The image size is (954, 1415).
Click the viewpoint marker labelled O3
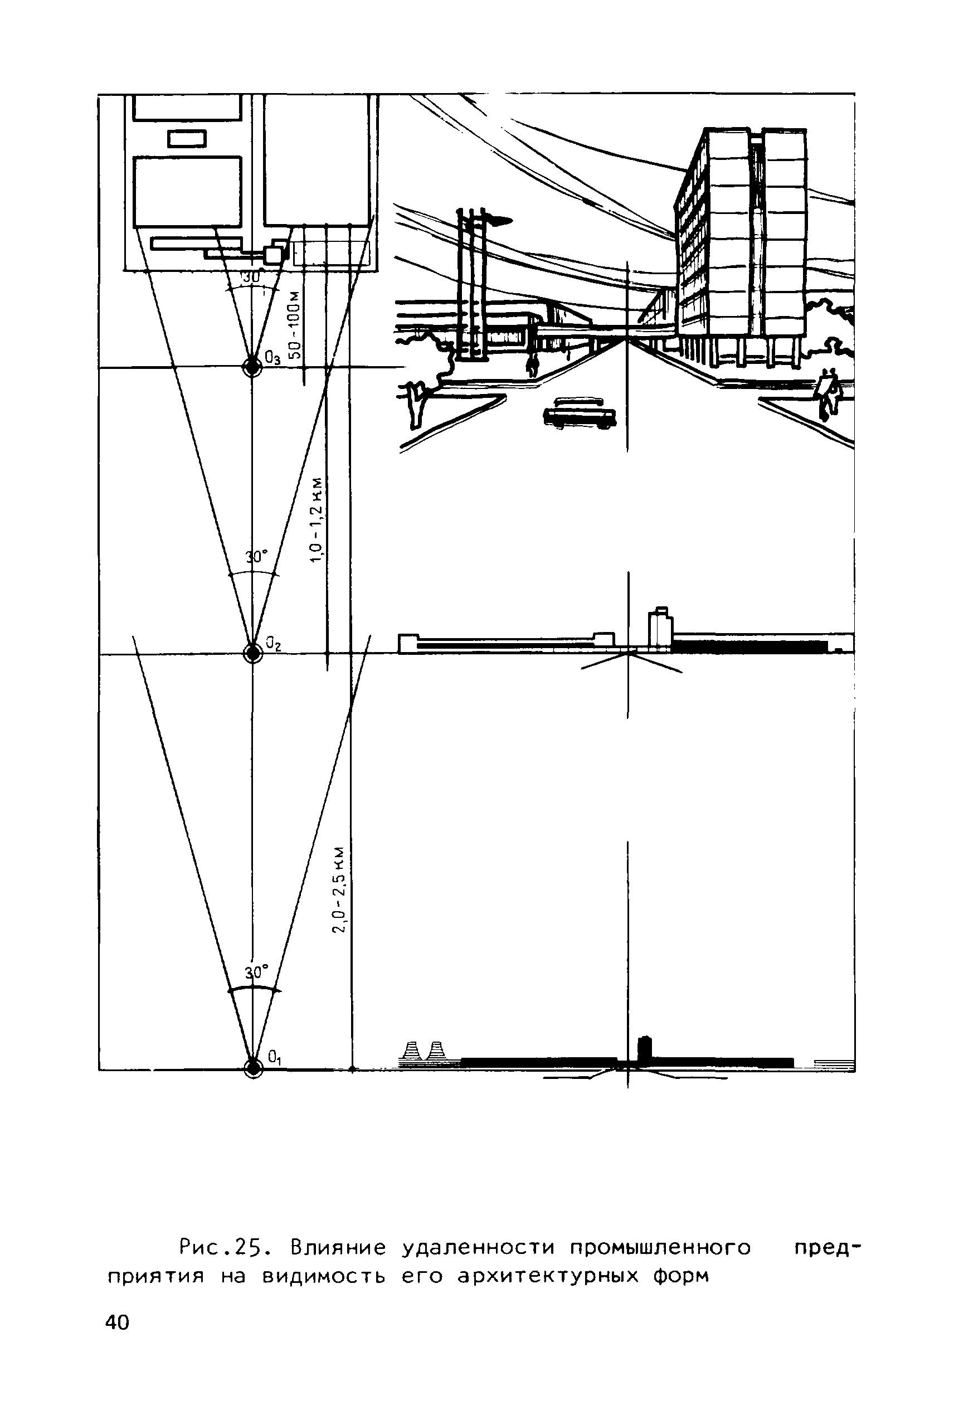pos(252,367)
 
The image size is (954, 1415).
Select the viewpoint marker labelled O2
pos(252,653)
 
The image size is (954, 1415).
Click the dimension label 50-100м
pos(295,325)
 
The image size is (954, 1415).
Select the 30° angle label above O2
pos(256,557)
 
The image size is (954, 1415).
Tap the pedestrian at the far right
pos(828,392)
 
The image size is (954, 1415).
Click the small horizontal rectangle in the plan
pos(187,139)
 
